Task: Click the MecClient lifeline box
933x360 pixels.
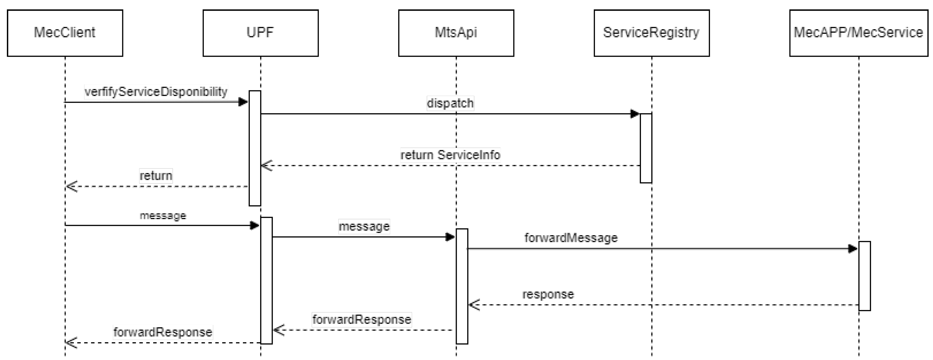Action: tap(65, 33)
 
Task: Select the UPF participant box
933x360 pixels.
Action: tap(260, 33)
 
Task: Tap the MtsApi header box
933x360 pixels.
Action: tap(456, 33)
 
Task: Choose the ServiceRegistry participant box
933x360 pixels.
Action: tap(652, 33)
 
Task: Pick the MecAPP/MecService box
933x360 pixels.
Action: tap(858, 33)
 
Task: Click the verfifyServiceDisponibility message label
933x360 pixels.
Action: tap(156, 92)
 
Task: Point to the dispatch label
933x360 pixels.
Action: tap(450, 103)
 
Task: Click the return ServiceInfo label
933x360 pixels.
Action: tap(450, 155)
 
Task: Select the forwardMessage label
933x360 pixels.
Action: tap(571, 238)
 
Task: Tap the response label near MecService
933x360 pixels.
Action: tap(548, 294)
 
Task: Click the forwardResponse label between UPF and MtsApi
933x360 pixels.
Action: tap(361, 319)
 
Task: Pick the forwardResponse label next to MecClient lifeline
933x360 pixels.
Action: tap(163, 332)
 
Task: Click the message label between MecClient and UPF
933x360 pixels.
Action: tap(163, 216)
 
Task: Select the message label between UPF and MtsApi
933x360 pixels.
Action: tap(364, 226)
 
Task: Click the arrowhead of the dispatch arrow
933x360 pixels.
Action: tap(634, 114)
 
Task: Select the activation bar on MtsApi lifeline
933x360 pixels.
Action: tap(462, 286)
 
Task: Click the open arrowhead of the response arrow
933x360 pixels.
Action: tap(474, 305)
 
